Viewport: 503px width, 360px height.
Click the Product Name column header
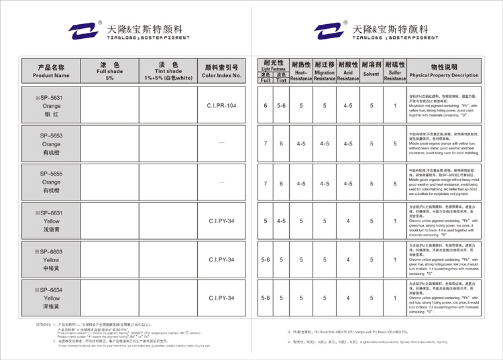[x=51, y=71]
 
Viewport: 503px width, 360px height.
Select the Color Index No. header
[x=222, y=71]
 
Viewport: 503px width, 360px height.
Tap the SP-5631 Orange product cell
[x=51, y=106]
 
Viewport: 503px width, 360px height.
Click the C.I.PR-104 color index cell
[x=222, y=106]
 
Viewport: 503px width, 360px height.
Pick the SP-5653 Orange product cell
[x=51, y=144]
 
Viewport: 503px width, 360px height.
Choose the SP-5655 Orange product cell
[x=51, y=182]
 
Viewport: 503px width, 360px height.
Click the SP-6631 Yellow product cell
[x=51, y=221]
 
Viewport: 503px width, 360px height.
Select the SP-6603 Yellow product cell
[x=51, y=259]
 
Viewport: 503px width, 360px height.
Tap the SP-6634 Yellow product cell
[x=51, y=298]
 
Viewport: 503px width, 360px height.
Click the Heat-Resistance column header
[x=301, y=71]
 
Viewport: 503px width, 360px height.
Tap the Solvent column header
[x=371, y=71]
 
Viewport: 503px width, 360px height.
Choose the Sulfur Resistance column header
[x=394, y=71]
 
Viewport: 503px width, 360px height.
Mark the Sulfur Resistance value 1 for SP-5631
[x=394, y=106]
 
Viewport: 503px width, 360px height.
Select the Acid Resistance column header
[x=347, y=71]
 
